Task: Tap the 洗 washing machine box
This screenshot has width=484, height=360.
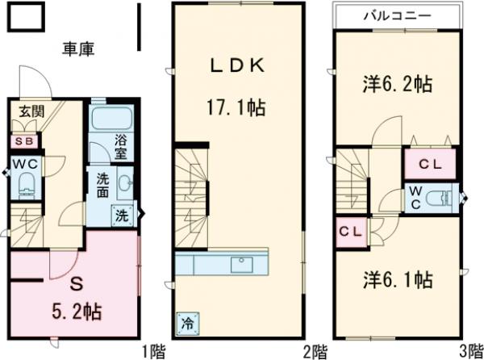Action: point(121,216)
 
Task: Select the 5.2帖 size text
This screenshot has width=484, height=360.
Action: point(77,310)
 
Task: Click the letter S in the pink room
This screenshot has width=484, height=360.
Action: point(77,284)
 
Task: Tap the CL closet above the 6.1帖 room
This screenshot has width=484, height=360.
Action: point(351,232)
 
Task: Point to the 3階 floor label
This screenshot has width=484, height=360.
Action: point(469,351)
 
